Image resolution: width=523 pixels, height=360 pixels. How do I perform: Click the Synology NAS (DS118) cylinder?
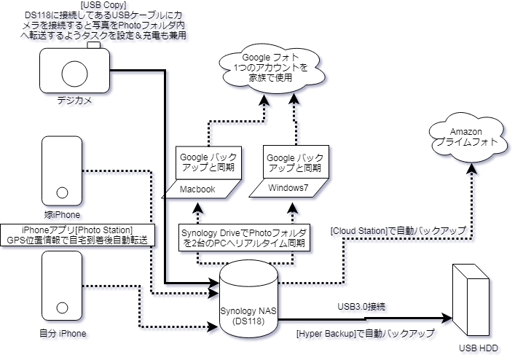point(250,300)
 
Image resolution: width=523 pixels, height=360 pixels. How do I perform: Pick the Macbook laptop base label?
point(201,189)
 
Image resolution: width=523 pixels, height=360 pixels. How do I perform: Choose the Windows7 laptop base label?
point(286,189)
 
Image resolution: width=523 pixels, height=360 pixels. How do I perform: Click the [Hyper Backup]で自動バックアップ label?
point(365,333)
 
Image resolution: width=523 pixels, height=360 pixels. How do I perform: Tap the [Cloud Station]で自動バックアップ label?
point(398,231)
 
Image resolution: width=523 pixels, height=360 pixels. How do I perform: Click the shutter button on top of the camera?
point(93,45)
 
